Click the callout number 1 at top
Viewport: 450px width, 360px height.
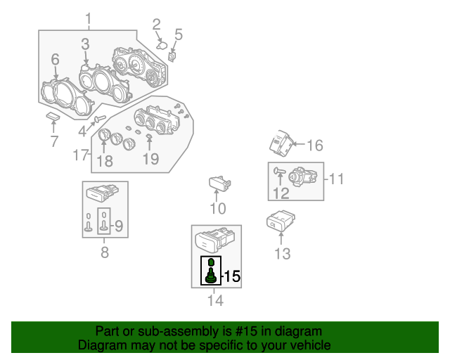(88, 18)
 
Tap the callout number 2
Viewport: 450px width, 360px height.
(156, 25)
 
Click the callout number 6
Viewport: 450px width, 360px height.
(55, 60)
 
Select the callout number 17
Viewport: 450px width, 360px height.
(82, 155)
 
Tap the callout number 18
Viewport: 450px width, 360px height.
(104, 161)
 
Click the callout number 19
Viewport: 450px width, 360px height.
(150, 159)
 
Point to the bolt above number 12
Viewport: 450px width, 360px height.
(280, 170)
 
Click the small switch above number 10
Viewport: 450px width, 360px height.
(219, 184)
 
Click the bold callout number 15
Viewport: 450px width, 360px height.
(231, 276)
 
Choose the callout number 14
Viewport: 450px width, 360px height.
(215, 301)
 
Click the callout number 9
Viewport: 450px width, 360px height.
(119, 226)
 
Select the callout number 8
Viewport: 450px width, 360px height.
(104, 252)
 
